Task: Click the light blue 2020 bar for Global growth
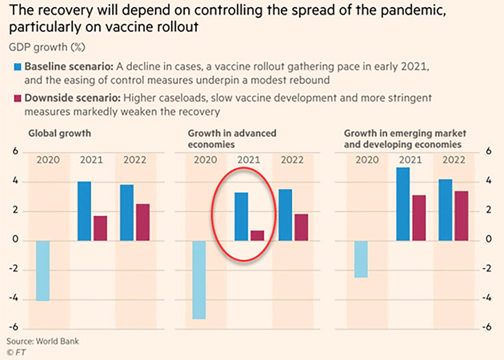tap(42, 270)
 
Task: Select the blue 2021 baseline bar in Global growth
tap(84, 211)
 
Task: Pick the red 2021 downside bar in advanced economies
tap(256, 235)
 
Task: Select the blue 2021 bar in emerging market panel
tap(402, 204)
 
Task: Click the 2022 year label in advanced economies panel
tap(291, 160)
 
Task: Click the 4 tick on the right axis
tap(488, 182)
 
